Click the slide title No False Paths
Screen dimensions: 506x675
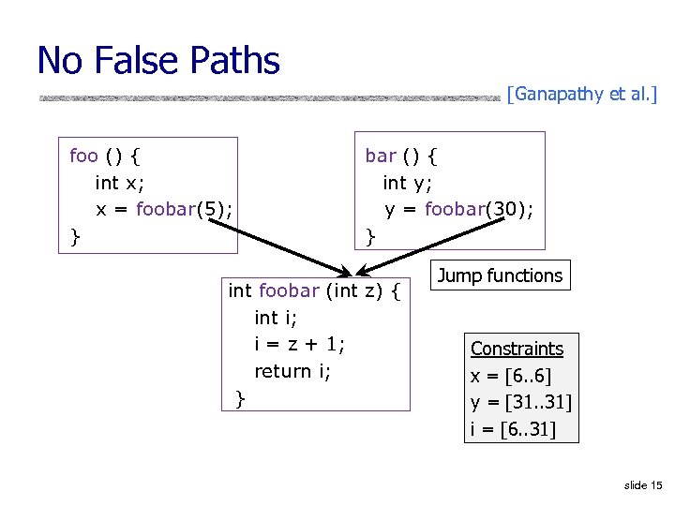(x=158, y=61)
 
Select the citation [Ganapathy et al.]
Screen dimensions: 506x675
(x=581, y=94)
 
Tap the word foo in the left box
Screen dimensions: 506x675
(x=83, y=155)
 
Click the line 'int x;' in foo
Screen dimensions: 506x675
(x=120, y=182)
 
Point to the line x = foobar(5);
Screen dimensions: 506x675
(x=164, y=209)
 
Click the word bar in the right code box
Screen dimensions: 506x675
(x=380, y=155)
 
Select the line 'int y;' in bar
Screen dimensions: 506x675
(x=407, y=182)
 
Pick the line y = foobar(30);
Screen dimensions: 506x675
(x=459, y=209)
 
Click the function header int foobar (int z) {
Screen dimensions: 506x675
(x=314, y=290)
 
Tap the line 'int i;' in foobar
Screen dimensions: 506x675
(x=278, y=318)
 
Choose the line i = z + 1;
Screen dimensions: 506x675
(x=299, y=345)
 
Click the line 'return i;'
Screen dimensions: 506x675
(x=292, y=371)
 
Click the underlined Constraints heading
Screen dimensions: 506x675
(x=517, y=349)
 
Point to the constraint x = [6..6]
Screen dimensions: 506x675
(x=511, y=376)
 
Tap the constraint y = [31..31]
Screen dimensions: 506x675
(x=520, y=403)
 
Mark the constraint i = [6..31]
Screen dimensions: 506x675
(x=513, y=429)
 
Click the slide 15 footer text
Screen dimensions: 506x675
(x=642, y=484)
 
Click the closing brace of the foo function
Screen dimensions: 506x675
(x=75, y=237)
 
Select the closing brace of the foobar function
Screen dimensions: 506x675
(x=240, y=399)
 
